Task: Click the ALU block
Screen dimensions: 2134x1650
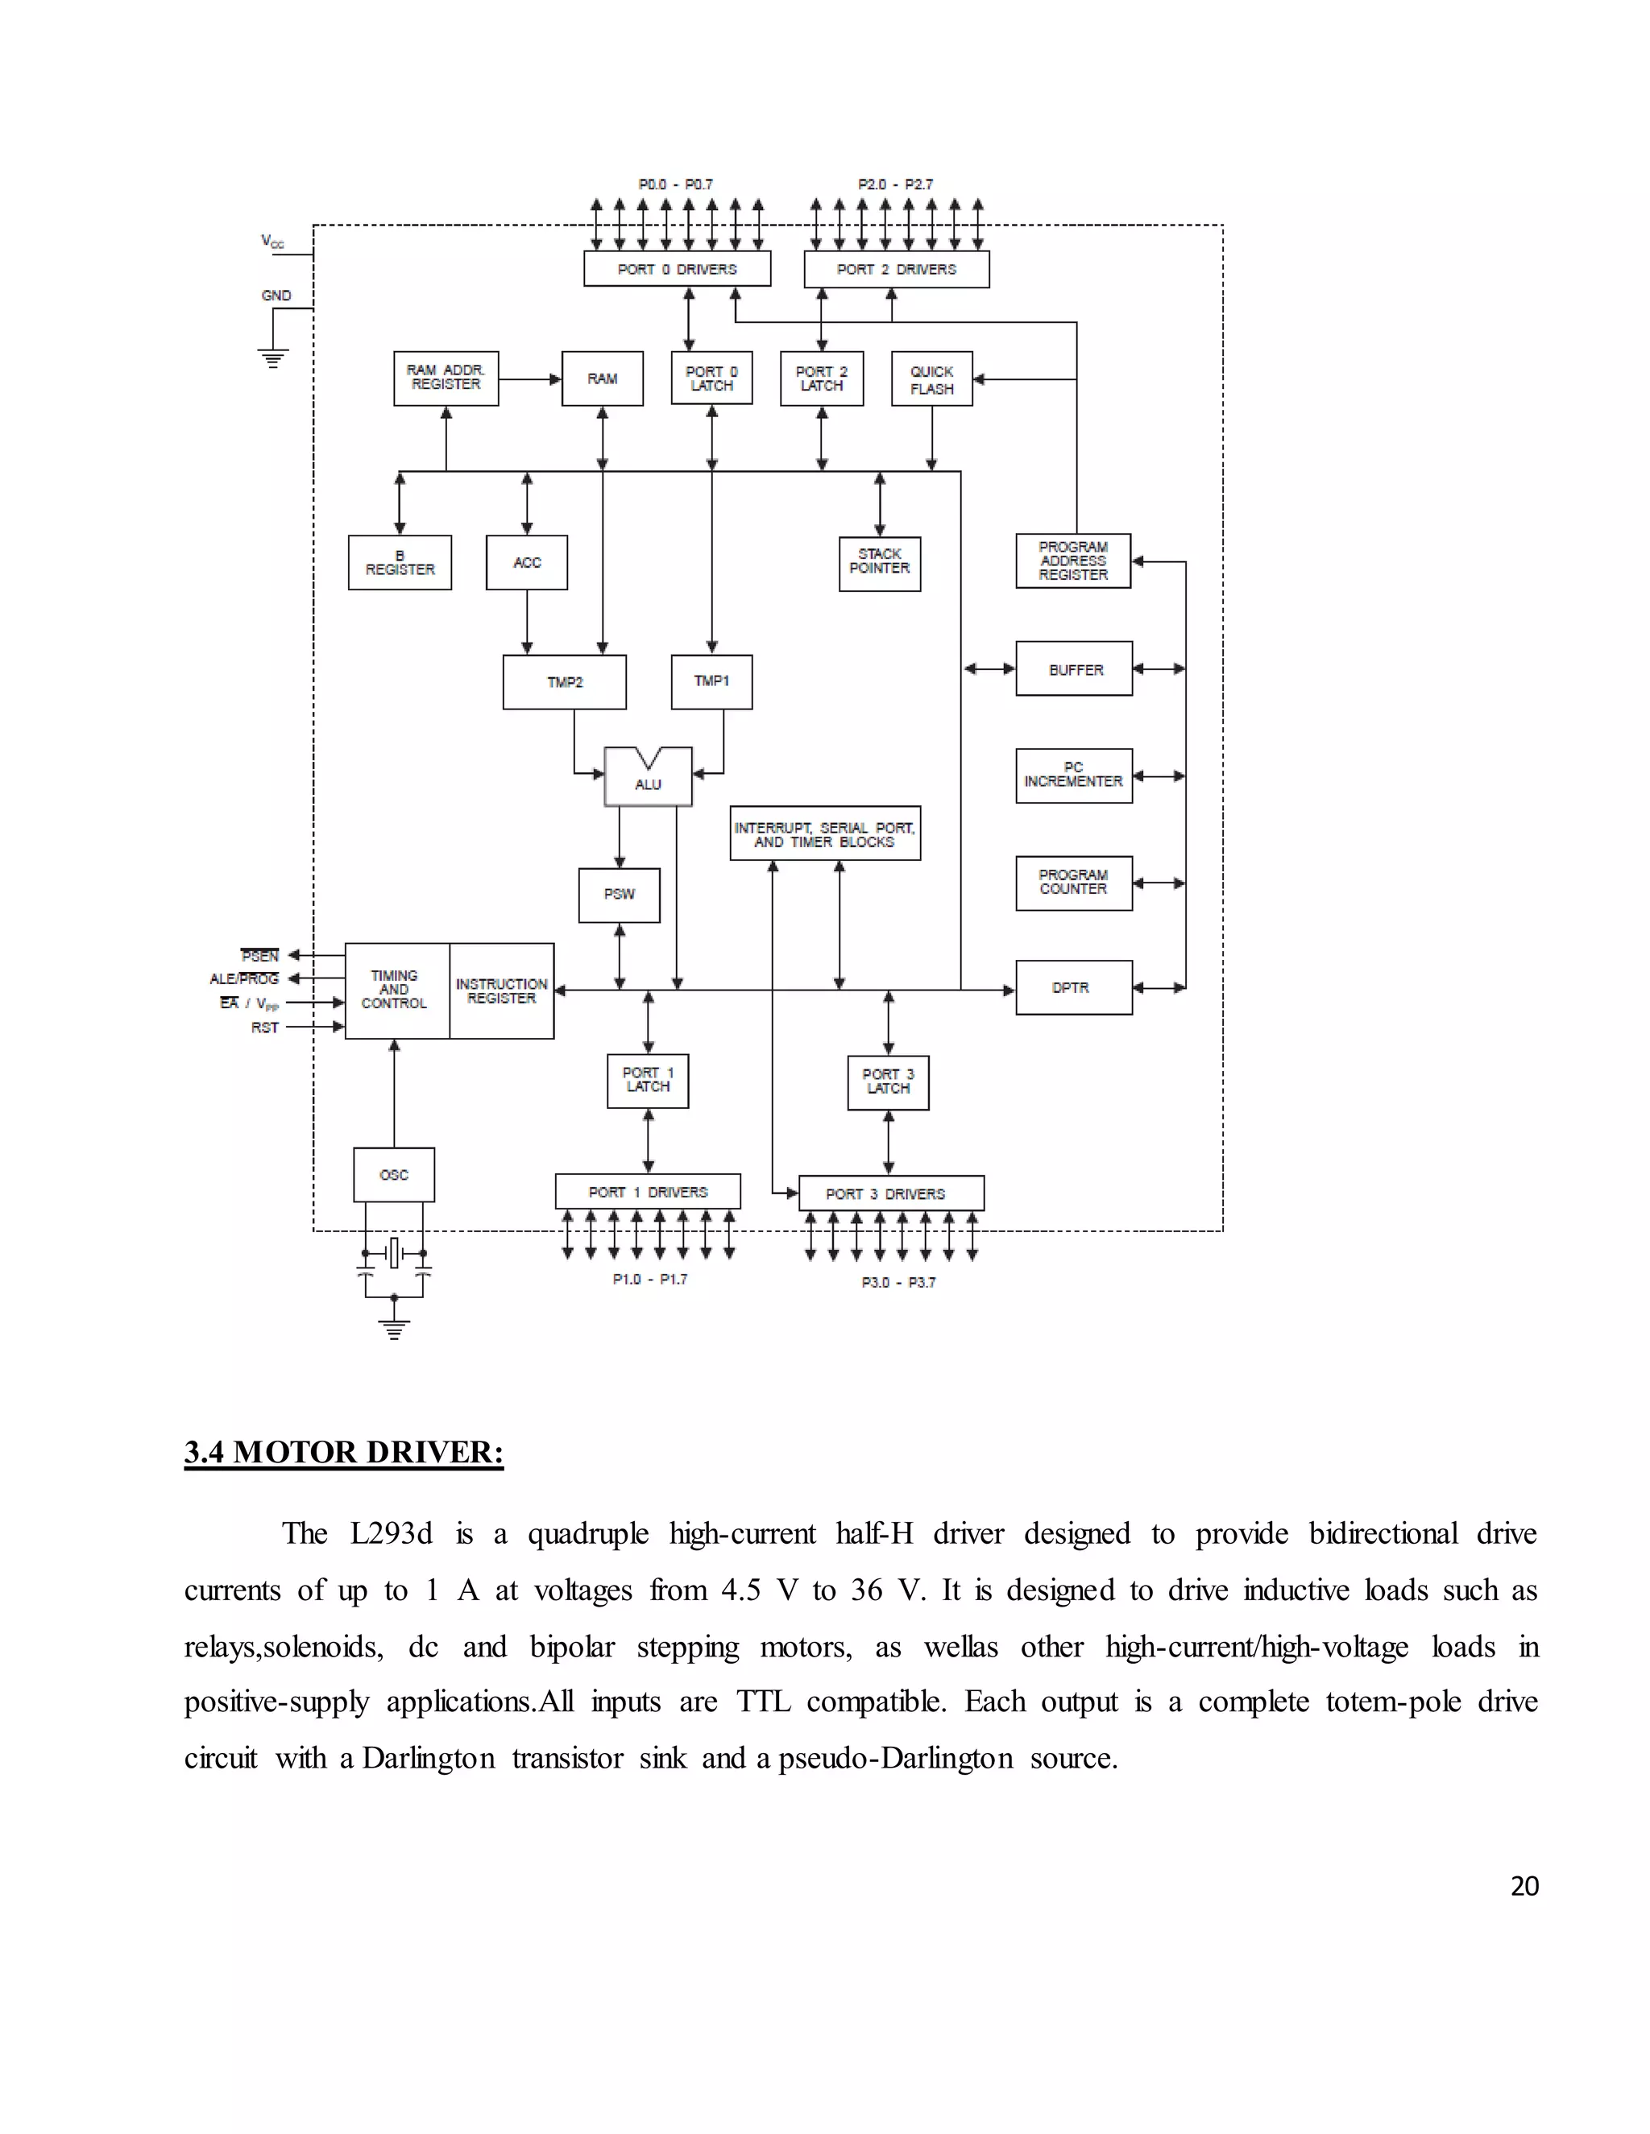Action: point(648,778)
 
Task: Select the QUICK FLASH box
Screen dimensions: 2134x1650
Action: point(931,379)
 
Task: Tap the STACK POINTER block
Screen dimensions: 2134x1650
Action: point(880,563)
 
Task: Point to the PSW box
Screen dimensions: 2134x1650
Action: point(619,894)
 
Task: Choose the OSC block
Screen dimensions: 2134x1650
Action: point(394,1174)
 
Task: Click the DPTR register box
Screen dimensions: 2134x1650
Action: point(1073,988)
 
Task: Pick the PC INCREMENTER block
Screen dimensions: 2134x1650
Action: point(1073,775)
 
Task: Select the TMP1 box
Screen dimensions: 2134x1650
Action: point(711,681)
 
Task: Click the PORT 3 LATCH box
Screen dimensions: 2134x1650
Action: point(888,1081)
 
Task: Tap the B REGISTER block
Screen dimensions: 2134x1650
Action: point(400,563)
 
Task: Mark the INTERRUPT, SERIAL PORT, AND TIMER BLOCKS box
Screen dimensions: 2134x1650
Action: point(825,833)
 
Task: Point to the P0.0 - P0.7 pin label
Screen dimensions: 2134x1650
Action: point(675,184)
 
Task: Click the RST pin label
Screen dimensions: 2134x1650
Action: point(265,1028)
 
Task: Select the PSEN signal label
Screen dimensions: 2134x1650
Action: point(260,956)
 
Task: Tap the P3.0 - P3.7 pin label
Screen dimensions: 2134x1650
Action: point(898,1282)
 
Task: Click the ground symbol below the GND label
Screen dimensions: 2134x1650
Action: point(273,358)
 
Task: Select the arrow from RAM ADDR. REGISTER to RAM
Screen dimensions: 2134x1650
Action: point(530,379)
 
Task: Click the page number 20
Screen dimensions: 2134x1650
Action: point(1524,1886)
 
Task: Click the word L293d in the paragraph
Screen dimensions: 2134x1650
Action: point(391,1533)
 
